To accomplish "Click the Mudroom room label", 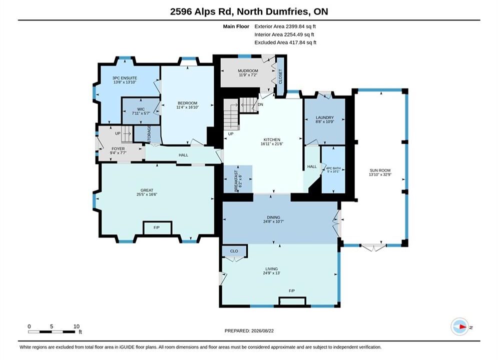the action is point(248,70).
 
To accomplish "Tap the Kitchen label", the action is point(272,139).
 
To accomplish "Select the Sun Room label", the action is point(380,170).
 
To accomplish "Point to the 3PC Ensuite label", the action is point(125,78).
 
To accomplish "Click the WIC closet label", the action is point(141,109).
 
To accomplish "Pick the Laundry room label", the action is point(325,117).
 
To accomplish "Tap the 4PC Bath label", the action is point(333,168).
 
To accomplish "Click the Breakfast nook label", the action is point(236,181).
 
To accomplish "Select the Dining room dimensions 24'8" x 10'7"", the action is point(273,221).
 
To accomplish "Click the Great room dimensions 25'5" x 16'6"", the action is point(147,194).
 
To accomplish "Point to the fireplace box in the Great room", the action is point(158,228).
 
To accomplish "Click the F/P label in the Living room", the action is point(292,291).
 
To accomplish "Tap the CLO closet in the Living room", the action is point(234,251).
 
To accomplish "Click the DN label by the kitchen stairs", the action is point(260,104).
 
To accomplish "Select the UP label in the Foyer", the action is point(118,133).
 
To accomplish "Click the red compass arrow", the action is point(463,326).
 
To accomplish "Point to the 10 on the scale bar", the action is point(76,326).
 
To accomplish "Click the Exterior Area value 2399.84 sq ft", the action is point(301,26).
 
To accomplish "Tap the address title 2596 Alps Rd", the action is point(202,11).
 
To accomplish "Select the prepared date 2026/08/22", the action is point(262,331).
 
